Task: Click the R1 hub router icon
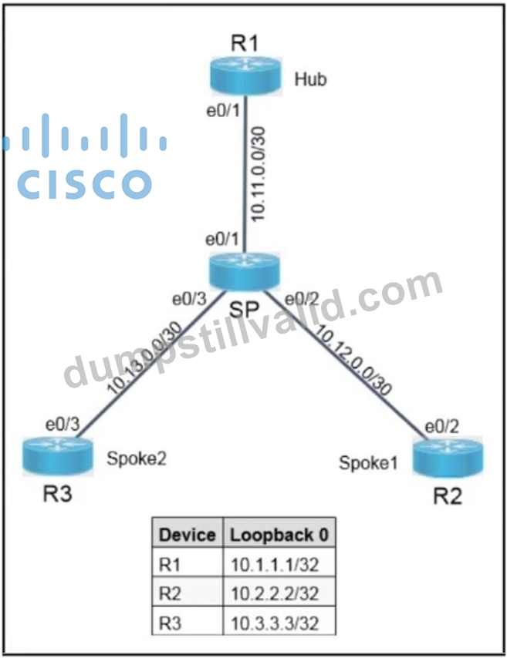[x=245, y=76]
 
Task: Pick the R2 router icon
[x=448, y=457]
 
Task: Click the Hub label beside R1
[x=310, y=79]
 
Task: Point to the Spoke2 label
[x=137, y=458]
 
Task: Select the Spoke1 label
[x=368, y=462]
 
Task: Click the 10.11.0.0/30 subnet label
[x=258, y=173]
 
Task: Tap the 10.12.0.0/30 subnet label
[x=353, y=360]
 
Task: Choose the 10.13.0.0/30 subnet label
[x=144, y=358]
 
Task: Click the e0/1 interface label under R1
[x=223, y=111]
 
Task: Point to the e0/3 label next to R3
[x=63, y=425]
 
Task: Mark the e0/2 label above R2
[x=442, y=427]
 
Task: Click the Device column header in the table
[x=187, y=535]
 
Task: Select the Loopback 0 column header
[x=279, y=535]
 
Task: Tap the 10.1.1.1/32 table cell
[x=275, y=565]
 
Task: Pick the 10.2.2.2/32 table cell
[x=275, y=594]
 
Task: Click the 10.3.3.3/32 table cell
[x=275, y=623]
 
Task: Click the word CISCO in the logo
[x=84, y=184]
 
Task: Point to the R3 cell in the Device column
[x=170, y=623]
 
